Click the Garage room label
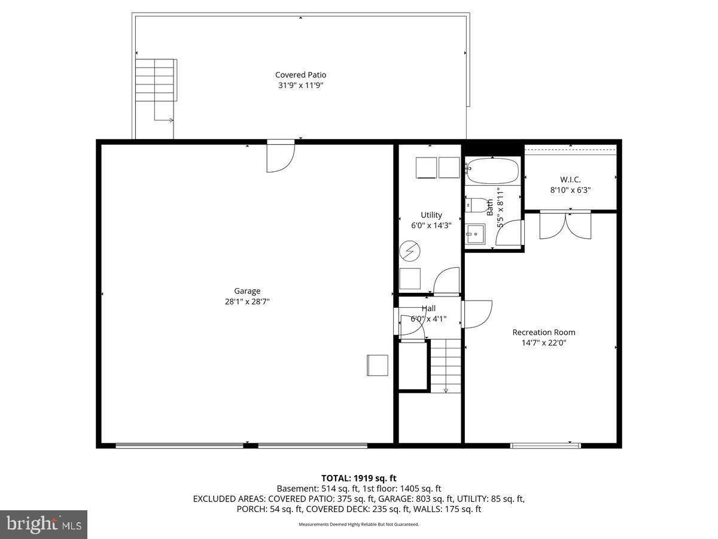(x=247, y=291)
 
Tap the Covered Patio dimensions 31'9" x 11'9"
(x=300, y=86)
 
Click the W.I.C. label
(x=570, y=179)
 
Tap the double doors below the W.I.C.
(x=565, y=225)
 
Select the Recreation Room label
(x=543, y=332)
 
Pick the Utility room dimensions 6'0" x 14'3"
(x=431, y=226)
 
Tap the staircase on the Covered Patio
(x=156, y=80)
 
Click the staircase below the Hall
(x=446, y=365)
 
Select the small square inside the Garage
(x=378, y=365)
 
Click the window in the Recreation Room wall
(x=545, y=445)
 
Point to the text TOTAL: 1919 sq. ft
(x=359, y=478)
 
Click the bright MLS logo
(x=44, y=524)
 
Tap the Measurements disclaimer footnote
(x=359, y=524)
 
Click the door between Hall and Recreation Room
(x=477, y=313)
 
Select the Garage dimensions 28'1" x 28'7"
(x=247, y=302)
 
